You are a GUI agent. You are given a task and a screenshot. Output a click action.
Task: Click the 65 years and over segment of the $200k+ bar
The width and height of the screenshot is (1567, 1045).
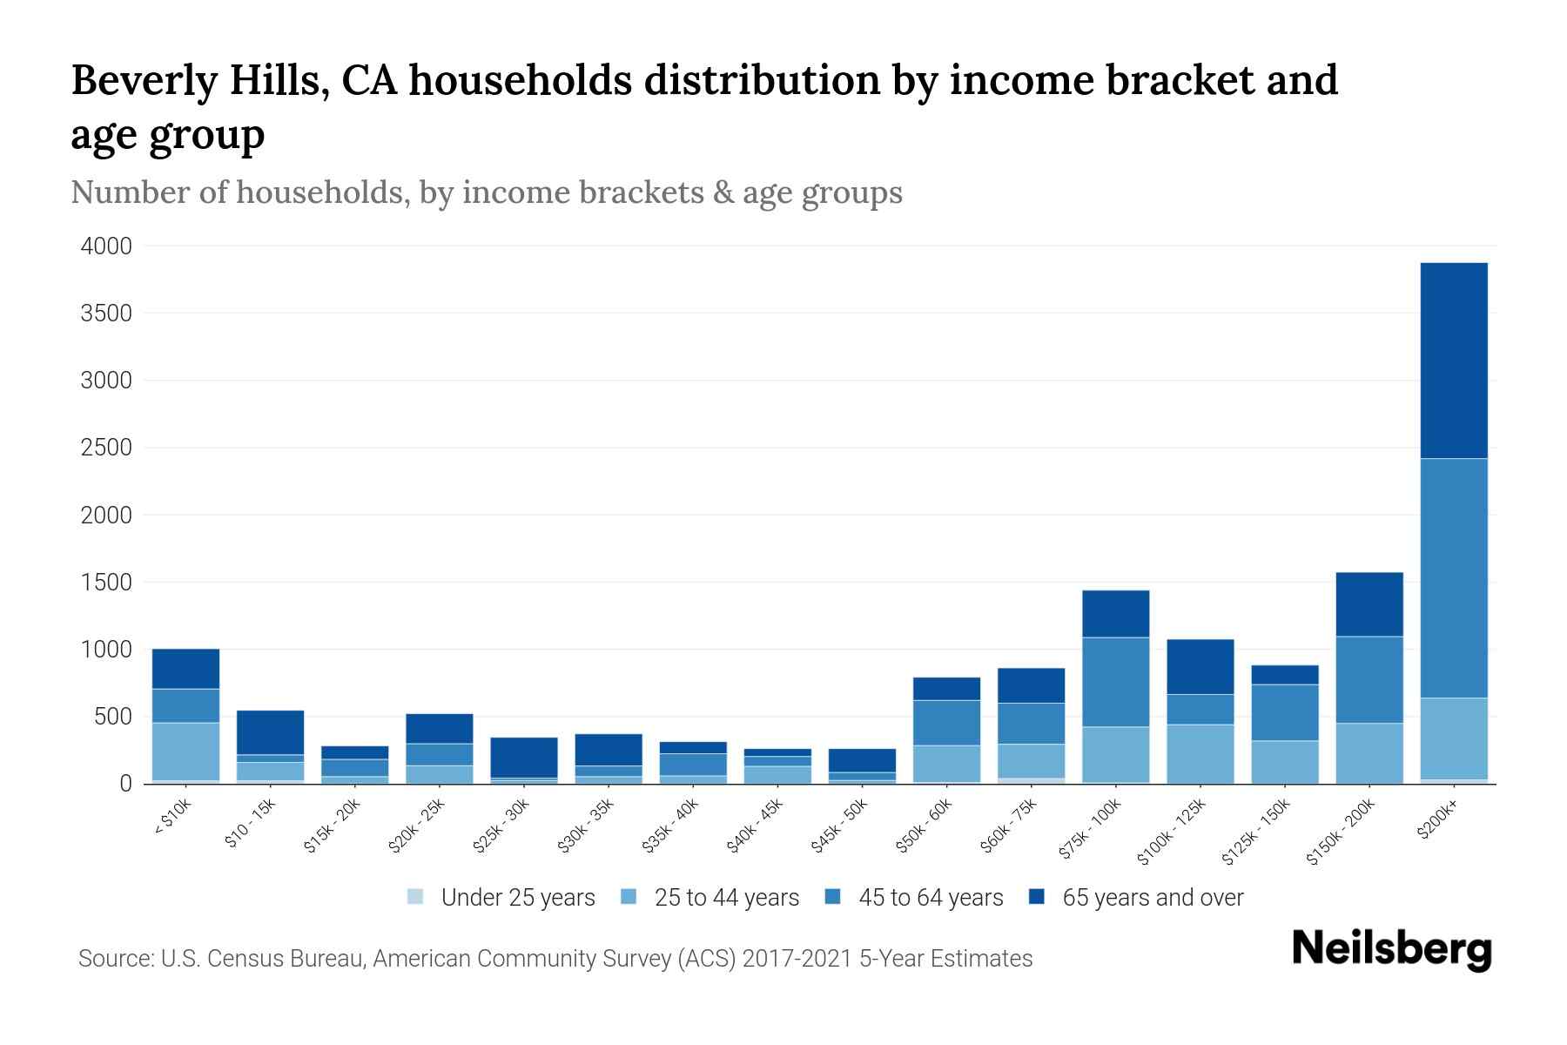(1454, 360)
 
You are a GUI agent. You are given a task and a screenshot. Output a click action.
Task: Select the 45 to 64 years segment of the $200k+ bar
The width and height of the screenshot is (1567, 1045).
(1454, 577)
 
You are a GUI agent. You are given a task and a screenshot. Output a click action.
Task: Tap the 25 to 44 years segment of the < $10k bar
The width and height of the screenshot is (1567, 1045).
(185, 751)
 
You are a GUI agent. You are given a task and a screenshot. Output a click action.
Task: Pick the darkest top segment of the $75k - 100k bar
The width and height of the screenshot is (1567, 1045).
(1115, 613)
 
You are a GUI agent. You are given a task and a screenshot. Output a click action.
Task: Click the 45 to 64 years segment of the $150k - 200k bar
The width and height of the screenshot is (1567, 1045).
(1369, 679)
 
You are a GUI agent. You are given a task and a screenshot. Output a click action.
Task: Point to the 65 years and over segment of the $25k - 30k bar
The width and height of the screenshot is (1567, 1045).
(524, 757)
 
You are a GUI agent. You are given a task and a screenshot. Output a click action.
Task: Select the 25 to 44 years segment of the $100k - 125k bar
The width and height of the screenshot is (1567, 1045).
(1200, 753)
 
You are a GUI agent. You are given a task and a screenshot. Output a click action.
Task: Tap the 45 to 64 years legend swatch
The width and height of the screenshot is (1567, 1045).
(833, 897)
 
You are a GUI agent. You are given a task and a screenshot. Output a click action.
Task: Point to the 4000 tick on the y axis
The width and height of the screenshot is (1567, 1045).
(106, 246)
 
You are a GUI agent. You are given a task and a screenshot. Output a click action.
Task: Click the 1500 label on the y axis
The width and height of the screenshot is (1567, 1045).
(106, 583)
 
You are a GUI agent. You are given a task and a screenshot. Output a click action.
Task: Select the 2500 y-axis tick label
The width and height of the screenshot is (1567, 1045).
(106, 448)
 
